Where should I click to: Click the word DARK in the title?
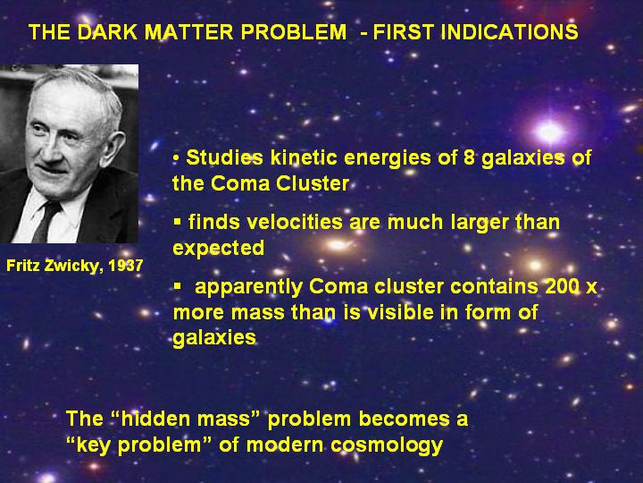click(x=106, y=32)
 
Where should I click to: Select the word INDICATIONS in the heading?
click(x=509, y=32)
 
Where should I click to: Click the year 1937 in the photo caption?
click(x=126, y=266)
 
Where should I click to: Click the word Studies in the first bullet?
click(x=224, y=157)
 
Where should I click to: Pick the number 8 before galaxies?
click(x=469, y=157)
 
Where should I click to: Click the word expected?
click(x=219, y=249)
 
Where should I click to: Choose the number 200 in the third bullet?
click(x=563, y=286)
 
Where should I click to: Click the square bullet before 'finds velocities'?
click(x=177, y=222)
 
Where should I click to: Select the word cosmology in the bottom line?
click(x=387, y=445)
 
